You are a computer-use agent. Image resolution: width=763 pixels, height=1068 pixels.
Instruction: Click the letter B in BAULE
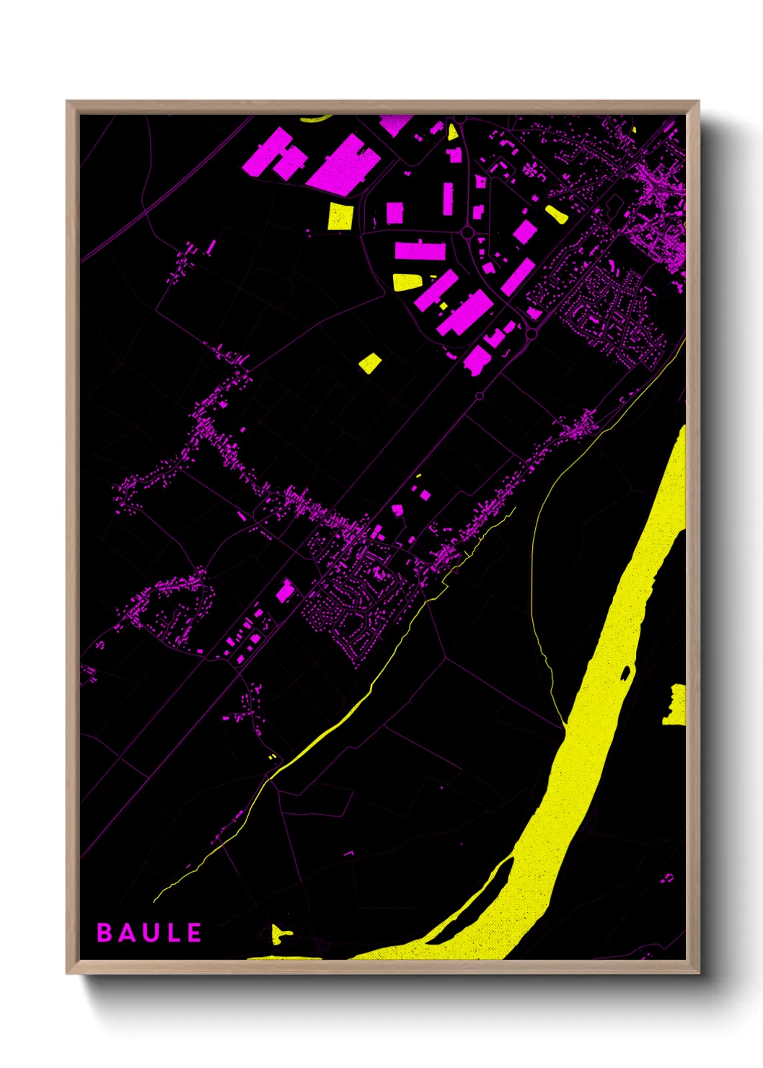pyautogui.click(x=105, y=932)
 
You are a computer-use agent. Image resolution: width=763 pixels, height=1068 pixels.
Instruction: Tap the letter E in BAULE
pyautogui.click(x=194, y=932)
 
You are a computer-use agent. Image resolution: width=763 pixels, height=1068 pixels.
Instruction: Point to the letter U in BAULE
pyautogui.click(x=150, y=932)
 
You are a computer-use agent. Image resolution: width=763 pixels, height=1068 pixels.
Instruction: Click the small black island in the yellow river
pyautogui.click(x=625, y=673)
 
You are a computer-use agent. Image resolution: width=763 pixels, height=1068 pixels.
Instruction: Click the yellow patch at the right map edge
pyautogui.click(x=676, y=704)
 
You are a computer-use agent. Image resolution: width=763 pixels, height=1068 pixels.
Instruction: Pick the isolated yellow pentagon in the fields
pyautogui.click(x=370, y=363)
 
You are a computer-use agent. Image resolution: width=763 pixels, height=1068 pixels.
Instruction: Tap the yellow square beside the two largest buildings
pyautogui.click(x=340, y=216)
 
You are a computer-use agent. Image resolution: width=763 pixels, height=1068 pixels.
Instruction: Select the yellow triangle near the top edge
pyautogui.click(x=452, y=132)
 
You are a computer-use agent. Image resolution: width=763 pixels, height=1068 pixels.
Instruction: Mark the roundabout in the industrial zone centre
pyautogui.click(x=467, y=232)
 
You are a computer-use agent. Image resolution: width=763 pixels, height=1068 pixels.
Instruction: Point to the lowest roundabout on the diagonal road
pyautogui.click(x=479, y=395)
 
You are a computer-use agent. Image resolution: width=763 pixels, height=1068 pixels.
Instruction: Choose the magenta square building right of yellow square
pyautogui.click(x=394, y=213)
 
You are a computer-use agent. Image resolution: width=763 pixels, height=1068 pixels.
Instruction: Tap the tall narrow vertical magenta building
pyautogui.click(x=448, y=198)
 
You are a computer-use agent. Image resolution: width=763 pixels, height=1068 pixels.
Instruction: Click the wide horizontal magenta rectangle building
pyautogui.click(x=420, y=251)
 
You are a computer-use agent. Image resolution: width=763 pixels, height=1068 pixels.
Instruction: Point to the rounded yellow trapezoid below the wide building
pyautogui.click(x=407, y=281)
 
